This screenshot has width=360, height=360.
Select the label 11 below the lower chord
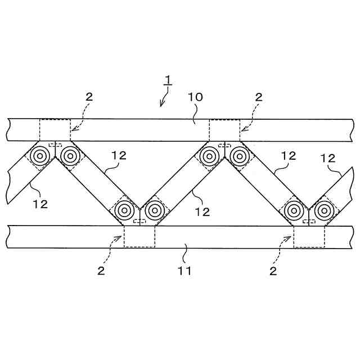pos(184,271)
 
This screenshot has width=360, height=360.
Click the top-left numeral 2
pos(89,97)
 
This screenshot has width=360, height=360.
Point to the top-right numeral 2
pos(259,97)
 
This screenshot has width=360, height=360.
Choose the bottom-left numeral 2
pos(101,271)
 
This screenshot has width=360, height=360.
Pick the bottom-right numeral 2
pos(273,271)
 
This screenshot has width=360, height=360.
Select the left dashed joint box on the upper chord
pos(55,130)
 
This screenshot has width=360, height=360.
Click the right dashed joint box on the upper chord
pos(224,130)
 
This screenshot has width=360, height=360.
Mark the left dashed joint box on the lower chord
pos(139,236)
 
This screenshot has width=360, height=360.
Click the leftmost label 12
pos(40,204)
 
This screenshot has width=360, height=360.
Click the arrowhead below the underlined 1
pos(161,103)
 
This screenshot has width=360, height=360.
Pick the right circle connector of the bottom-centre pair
pos(154,211)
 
